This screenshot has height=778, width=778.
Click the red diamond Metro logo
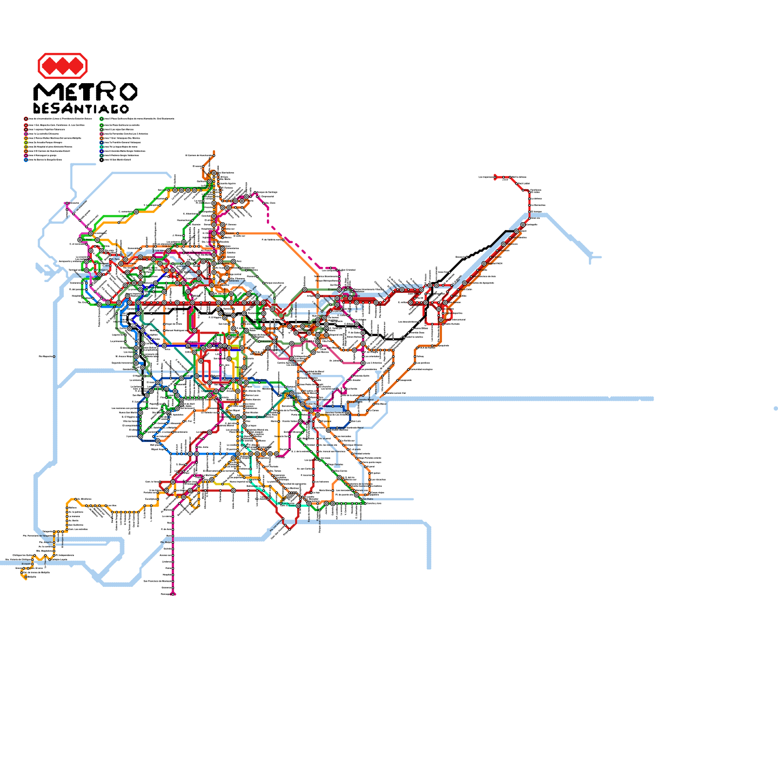[x=62, y=66]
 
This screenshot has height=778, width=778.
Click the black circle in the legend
[x=102, y=160]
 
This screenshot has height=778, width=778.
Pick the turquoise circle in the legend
[x=102, y=147]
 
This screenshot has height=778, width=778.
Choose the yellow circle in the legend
[x=26, y=142]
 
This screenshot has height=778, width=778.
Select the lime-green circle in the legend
[x=26, y=147]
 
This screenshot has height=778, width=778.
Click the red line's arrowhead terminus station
[x=495, y=177]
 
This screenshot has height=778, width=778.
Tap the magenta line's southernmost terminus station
[x=174, y=594]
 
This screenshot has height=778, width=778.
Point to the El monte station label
[x=25, y=564]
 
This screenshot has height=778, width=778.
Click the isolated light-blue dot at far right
[x=776, y=408]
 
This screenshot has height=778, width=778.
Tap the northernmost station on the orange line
[x=213, y=153]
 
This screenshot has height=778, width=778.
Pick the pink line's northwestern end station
[x=67, y=203]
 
